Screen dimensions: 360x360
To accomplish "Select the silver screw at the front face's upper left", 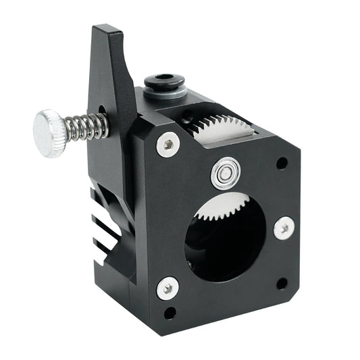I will click(x=168, y=144).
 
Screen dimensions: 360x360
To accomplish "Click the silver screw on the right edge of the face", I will click(x=284, y=228).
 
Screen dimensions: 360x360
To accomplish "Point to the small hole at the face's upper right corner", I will click(x=282, y=163).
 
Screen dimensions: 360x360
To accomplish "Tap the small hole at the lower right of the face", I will click(x=282, y=283).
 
